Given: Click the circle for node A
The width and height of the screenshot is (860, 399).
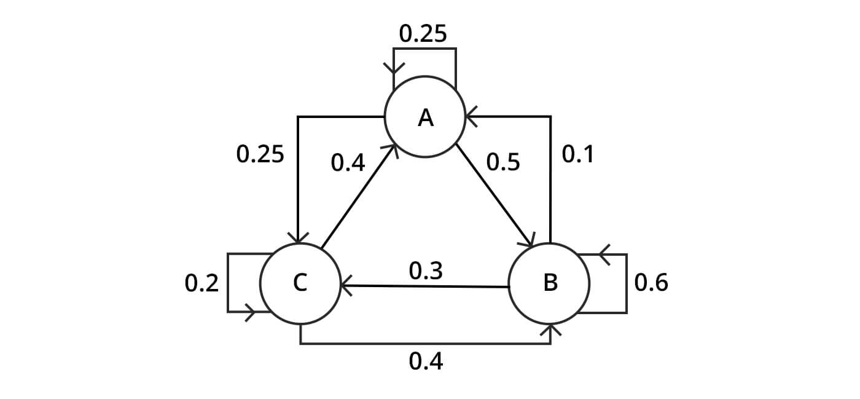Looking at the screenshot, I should pyautogui.click(x=424, y=116).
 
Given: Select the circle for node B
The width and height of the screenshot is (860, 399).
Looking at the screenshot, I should pyautogui.click(x=550, y=283).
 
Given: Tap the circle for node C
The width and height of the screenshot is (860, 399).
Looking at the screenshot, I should pyautogui.click(x=300, y=283).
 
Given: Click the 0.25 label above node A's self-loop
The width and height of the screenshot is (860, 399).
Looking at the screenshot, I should pyautogui.click(x=423, y=34).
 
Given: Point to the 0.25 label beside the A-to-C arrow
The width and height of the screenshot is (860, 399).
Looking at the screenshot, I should pyautogui.click(x=260, y=154).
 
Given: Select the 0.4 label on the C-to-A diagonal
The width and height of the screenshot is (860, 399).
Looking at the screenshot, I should pyautogui.click(x=348, y=163).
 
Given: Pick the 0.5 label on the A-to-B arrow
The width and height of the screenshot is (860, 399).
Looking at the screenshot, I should pyautogui.click(x=503, y=162).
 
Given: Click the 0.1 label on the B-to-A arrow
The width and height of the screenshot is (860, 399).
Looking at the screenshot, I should pyautogui.click(x=578, y=155).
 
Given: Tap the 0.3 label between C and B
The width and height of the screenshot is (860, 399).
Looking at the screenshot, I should pyautogui.click(x=426, y=271).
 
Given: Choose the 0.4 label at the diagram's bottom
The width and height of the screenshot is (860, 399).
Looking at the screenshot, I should pyautogui.click(x=426, y=361).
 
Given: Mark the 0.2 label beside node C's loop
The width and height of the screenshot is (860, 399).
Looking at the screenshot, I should pyautogui.click(x=201, y=283).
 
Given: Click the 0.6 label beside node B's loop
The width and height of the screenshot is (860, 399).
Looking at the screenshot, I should pyautogui.click(x=651, y=283).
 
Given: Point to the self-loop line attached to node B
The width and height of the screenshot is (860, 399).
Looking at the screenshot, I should pyautogui.click(x=626, y=283).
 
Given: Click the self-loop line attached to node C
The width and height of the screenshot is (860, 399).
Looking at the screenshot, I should pyautogui.click(x=228, y=283).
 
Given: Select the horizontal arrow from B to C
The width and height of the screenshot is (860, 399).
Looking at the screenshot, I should pyautogui.click(x=425, y=286).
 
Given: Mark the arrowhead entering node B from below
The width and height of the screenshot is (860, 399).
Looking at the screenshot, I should pyautogui.click(x=550, y=331).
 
